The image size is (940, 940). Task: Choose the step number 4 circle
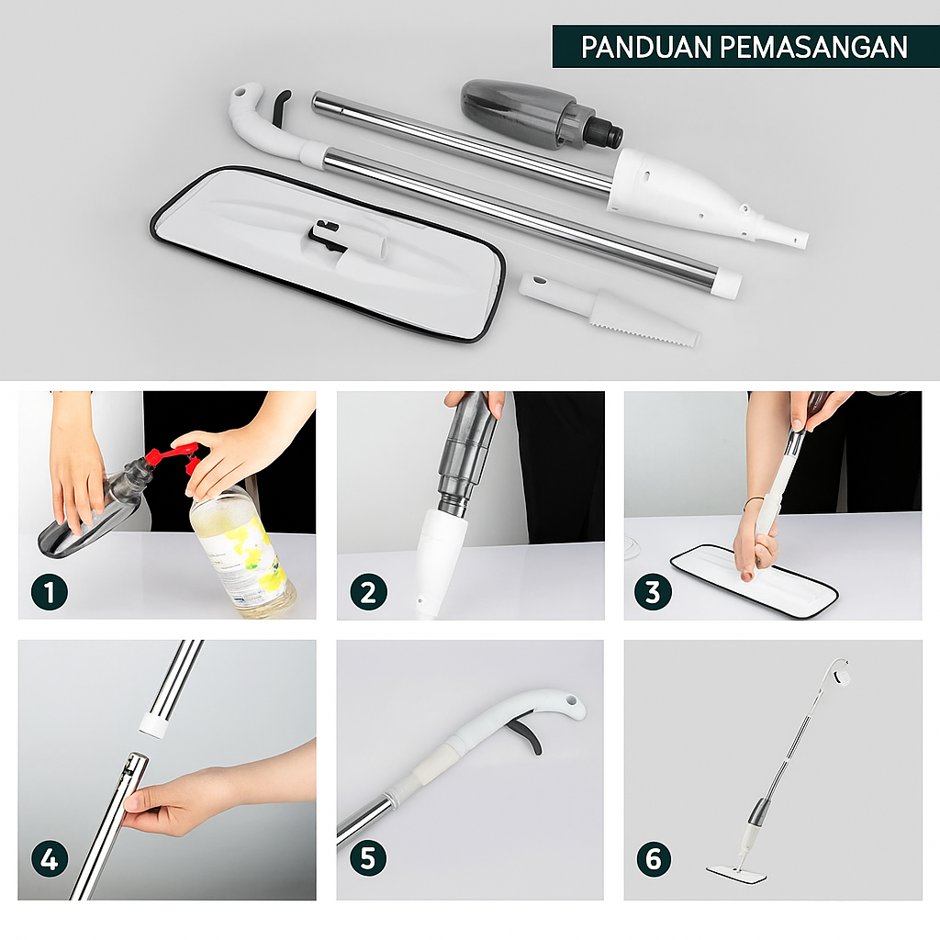point(50,860)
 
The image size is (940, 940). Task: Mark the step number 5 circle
point(367,860)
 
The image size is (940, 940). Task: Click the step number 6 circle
point(653,860)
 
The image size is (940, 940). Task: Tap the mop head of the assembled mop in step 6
point(736,870)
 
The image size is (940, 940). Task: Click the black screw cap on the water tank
point(606,134)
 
